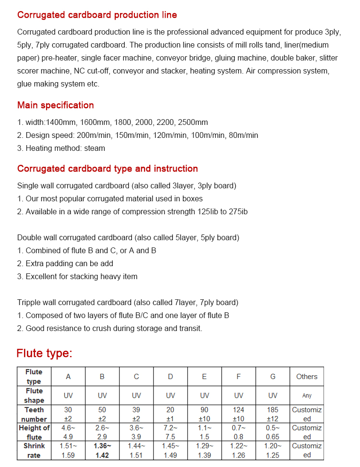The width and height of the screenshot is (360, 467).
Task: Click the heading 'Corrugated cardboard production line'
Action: point(97,15)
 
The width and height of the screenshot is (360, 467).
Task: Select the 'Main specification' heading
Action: point(56,105)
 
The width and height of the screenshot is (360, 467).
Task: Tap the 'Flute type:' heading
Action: point(44,354)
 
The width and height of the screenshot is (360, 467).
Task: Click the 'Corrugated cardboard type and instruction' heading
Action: point(108,169)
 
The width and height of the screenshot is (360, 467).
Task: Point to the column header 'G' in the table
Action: point(273,377)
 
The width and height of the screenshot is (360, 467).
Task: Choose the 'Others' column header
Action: point(307,377)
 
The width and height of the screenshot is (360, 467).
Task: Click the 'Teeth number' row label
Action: point(34,414)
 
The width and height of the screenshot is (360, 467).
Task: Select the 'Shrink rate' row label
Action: point(34,450)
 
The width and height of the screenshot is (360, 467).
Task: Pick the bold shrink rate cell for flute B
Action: point(102,450)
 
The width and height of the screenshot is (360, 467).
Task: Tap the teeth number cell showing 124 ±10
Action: point(239,414)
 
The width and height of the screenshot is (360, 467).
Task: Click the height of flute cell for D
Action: point(170,432)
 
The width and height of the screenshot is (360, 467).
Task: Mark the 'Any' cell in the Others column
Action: point(307,395)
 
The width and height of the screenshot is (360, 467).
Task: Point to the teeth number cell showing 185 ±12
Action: point(273,414)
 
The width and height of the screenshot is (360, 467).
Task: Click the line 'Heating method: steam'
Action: point(61,148)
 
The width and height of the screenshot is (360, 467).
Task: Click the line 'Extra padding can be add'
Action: point(65,263)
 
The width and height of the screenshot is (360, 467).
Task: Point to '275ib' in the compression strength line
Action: point(238,211)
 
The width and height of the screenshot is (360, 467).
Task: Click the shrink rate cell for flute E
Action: point(204,450)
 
